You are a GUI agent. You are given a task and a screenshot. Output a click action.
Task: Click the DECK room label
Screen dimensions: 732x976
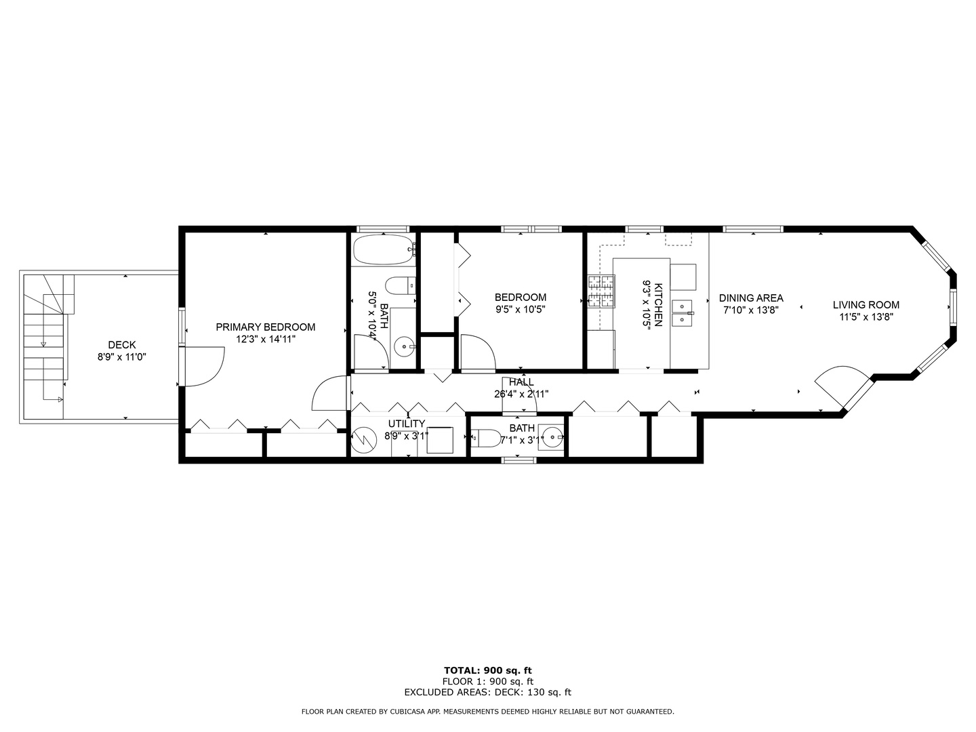point(122,345)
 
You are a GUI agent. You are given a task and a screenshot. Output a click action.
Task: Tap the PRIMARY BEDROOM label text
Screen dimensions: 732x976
point(265,327)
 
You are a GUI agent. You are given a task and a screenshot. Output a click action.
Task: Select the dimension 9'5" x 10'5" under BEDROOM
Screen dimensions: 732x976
point(520,309)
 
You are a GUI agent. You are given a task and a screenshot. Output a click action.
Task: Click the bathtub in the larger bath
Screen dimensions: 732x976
point(383,249)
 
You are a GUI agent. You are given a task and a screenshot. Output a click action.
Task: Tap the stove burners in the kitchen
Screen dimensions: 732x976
point(601,291)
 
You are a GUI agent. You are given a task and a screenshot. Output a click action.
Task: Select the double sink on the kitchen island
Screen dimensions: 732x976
point(682,312)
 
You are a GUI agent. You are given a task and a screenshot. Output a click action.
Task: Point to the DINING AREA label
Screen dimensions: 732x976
point(751,298)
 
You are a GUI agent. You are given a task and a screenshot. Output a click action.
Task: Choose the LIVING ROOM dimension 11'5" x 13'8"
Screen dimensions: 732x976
point(866,317)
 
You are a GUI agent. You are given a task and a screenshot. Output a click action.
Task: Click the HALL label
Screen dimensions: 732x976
point(521,382)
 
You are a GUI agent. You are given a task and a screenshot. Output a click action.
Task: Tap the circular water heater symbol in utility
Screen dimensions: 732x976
point(365,441)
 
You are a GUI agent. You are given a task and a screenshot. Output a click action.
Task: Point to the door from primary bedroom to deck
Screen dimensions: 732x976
point(203,366)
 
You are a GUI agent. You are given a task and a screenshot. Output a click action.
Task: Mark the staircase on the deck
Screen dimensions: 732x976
point(46,346)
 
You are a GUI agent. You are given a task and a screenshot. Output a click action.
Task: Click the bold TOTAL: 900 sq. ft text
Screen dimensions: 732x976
point(487,670)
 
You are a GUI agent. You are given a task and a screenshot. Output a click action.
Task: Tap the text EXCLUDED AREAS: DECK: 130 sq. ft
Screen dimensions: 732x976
point(487,692)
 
